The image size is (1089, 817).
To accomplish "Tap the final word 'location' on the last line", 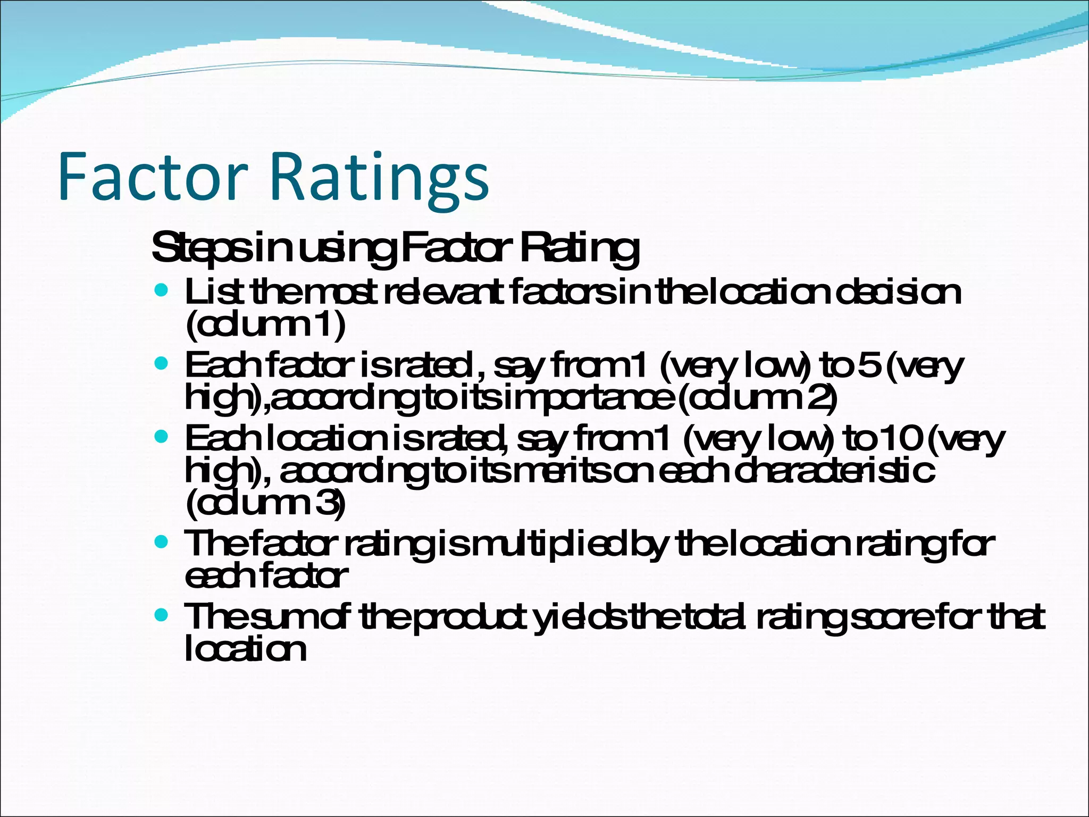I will (x=246, y=649).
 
